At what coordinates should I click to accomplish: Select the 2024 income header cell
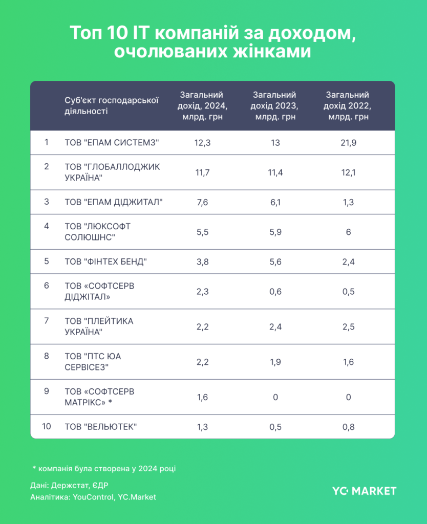(202, 106)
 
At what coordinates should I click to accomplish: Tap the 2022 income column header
(348, 106)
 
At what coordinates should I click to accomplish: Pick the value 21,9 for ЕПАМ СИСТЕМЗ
(348, 143)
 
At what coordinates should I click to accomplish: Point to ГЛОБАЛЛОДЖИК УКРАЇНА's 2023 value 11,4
(275, 172)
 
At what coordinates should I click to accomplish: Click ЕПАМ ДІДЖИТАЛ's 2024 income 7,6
(202, 202)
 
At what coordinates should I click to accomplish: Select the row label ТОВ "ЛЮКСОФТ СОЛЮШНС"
(97, 232)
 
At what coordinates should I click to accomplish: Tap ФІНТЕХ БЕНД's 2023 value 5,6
(275, 261)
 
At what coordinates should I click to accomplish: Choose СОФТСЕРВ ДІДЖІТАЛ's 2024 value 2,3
(202, 291)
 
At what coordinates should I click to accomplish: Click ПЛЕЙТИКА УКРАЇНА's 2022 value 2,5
(348, 326)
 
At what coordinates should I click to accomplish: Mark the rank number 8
(47, 356)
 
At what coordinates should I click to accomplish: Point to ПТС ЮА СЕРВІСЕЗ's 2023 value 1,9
(275, 362)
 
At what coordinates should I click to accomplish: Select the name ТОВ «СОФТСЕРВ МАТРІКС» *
(99, 397)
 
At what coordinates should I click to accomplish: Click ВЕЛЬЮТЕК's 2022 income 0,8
(348, 426)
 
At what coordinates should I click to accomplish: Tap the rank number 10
(47, 426)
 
